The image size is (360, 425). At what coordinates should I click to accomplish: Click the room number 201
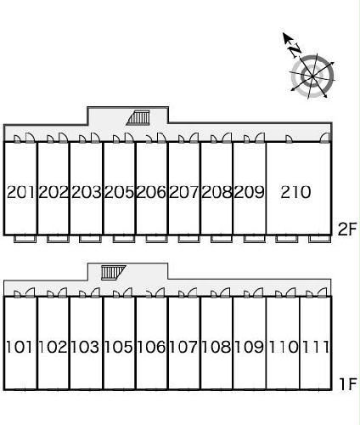[x=20, y=192]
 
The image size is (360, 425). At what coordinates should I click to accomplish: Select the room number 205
[x=119, y=192]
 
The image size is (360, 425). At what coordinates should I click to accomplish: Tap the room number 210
[x=295, y=192]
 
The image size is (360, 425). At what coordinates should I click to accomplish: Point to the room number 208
[x=217, y=192]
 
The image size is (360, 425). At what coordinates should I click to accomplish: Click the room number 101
[x=19, y=347]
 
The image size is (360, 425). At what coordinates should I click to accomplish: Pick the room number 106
[x=151, y=347]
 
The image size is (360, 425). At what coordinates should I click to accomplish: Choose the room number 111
[x=316, y=347]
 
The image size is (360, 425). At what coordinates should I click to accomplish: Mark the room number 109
[x=250, y=347]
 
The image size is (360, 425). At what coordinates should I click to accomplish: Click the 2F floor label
[x=346, y=229]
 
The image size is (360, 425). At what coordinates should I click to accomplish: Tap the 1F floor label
[x=347, y=384]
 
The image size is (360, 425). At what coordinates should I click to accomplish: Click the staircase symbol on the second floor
[x=138, y=117]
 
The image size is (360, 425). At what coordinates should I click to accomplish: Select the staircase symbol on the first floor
[x=113, y=273]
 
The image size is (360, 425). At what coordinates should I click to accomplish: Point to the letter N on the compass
[x=295, y=50]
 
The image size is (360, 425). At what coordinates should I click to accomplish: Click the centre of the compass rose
[x=312, y=76]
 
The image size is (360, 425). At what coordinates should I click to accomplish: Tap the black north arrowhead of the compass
[x=287, y=38]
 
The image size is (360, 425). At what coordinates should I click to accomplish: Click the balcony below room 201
[x=25, y=239]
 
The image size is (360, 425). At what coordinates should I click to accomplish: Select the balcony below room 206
[x=157, y=239]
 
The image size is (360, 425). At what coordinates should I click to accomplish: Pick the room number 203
[x=86, y=192]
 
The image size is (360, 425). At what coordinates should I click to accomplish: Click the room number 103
[x=85, y=347]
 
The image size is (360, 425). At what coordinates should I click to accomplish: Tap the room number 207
[x=184, y=192]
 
